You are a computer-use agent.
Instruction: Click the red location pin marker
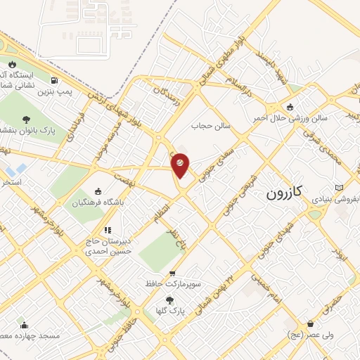181,164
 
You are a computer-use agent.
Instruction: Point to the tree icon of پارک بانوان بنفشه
26,119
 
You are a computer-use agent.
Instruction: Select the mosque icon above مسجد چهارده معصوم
25,326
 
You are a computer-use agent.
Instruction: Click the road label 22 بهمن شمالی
236,275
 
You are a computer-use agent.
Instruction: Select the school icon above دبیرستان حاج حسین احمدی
107,229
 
